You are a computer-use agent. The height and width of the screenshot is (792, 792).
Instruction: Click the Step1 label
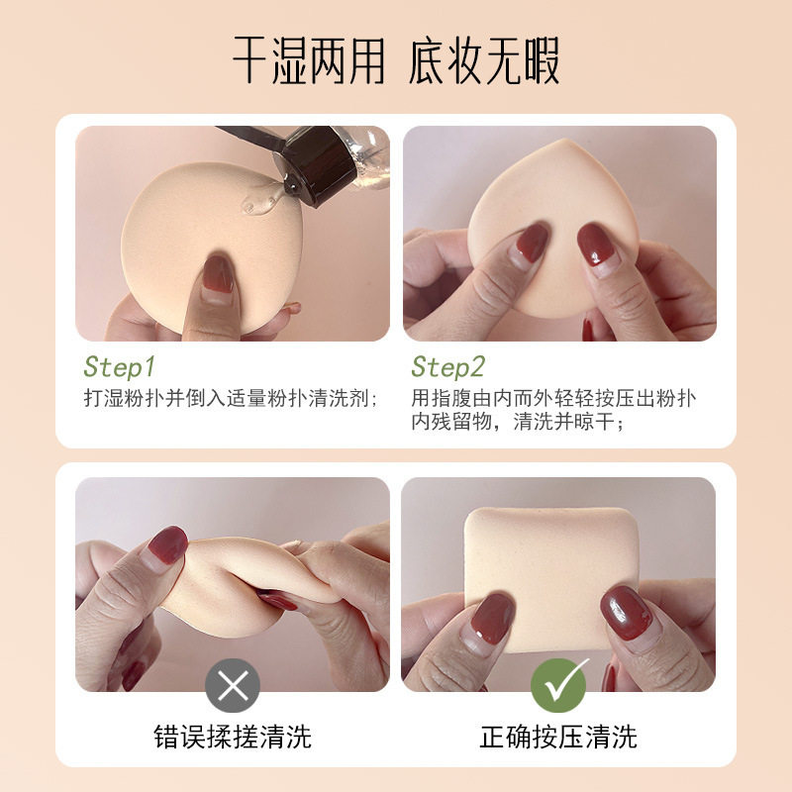coord(120,367)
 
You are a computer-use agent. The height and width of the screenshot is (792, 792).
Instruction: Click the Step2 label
coord(447,367)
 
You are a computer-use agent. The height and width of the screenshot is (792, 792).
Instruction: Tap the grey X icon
coord(233,685)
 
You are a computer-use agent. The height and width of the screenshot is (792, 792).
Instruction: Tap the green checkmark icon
coord(559,685)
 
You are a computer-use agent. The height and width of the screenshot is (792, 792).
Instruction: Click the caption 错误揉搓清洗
coord(233,736)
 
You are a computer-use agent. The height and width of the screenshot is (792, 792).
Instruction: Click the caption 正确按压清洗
coord(559,736)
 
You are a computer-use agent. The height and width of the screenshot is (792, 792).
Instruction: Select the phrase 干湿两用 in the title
coord(308,61)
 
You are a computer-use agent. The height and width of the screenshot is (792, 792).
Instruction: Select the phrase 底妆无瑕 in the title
coord(484,61)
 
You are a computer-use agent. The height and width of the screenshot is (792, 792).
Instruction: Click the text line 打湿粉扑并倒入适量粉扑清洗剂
coord(231,399)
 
